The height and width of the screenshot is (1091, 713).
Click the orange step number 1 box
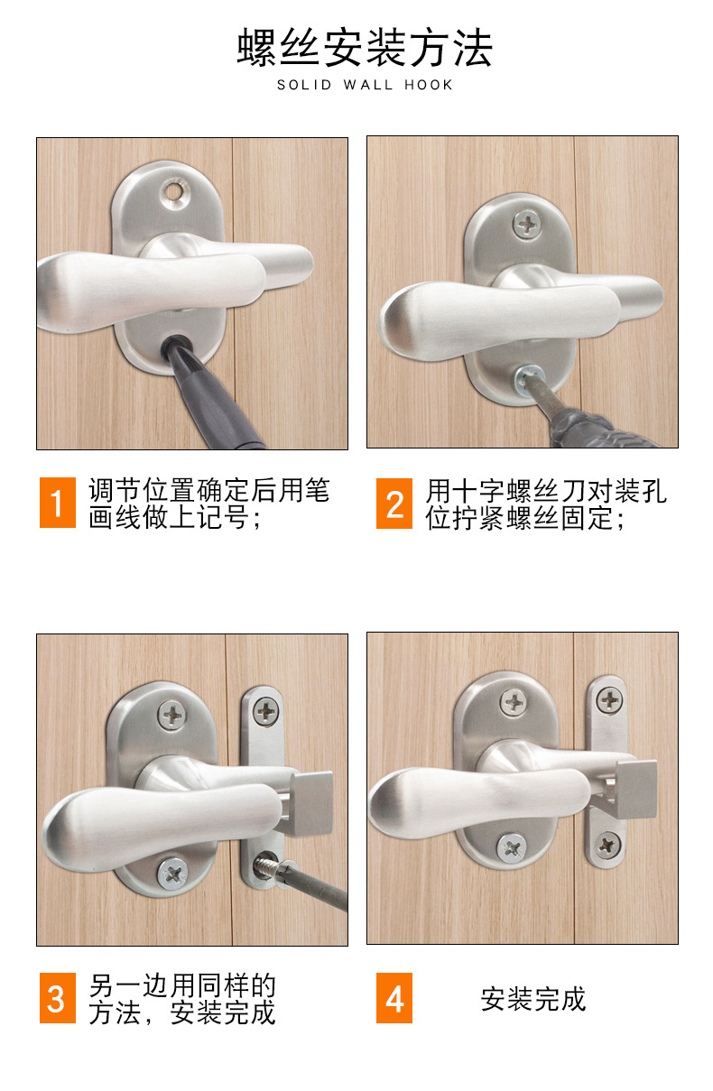pos(58,502)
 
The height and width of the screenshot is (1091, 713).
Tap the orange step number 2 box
pos(394,504)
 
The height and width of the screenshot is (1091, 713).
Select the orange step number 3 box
pos(58,998)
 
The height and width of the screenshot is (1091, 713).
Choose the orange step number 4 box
pos(394,998)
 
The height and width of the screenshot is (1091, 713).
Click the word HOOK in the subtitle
pos(429,85)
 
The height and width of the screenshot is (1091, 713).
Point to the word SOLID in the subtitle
pos(304,85)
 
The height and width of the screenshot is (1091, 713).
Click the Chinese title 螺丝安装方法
pos(365,48)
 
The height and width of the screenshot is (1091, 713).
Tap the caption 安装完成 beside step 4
pos(533,999)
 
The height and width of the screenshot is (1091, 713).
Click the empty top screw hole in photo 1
pos(174,190)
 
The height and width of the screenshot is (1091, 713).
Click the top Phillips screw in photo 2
pos(526,225)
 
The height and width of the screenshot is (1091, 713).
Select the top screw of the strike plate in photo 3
pos(266,712)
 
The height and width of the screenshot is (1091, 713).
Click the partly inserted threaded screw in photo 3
pos(268,866)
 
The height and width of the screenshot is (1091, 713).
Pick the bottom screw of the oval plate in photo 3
pos(172,874)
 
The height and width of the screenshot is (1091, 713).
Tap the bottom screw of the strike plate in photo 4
pos(607,845)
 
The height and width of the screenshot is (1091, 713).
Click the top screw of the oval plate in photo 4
pos(514,703)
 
